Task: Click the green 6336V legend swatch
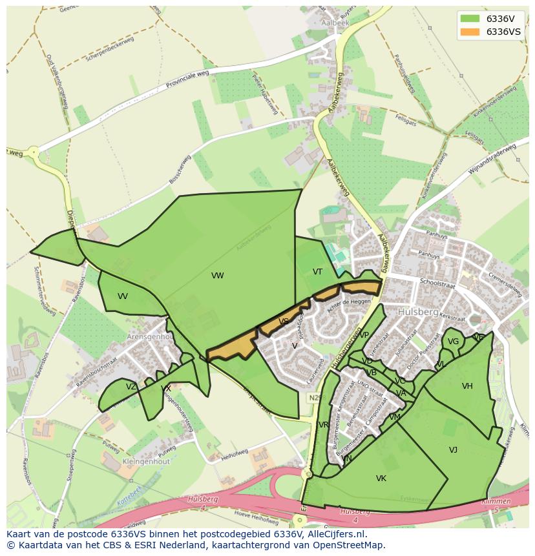pos(470,19)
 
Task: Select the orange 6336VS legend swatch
pos(470,32)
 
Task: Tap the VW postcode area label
pos(218,276)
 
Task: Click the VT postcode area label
pos(317,272)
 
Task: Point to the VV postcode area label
pos(123,296)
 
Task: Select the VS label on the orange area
pos(284,322)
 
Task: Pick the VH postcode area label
pos(467,386)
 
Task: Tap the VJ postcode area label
pos(453,450)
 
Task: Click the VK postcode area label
pos(381,479)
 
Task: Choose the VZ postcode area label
pos(131,387)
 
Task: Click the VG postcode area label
pos(453,342)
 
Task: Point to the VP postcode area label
pos(364,335)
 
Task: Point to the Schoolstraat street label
pos(437,283)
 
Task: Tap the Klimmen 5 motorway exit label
pos(496,505)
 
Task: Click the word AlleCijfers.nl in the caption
pos(334,535)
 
